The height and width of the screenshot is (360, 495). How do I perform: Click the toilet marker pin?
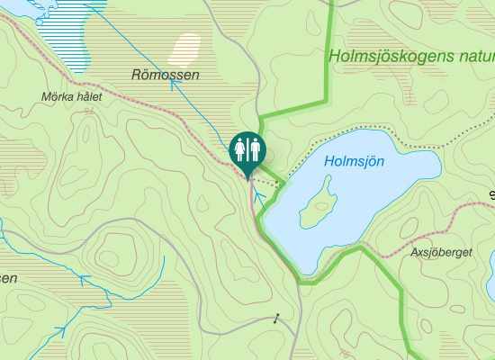(x=247, y=151)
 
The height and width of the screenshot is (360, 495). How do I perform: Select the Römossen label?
(x=165, y=75)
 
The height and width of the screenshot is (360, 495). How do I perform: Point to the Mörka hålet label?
(x=73, y=96)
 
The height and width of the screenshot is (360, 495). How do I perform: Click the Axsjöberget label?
(x=440, y=253)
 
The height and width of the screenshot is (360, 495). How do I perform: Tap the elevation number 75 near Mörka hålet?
(x=88, y=111)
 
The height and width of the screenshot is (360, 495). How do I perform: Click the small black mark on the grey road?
(x=277, y=317)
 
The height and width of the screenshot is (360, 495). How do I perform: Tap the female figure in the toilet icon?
(x=240, y=147)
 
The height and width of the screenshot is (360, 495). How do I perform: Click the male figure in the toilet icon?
(x=254, y=147)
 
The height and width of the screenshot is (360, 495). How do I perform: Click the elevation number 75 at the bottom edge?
(x=346, y=355)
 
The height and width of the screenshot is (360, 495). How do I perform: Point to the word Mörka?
(x=58, y=96)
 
